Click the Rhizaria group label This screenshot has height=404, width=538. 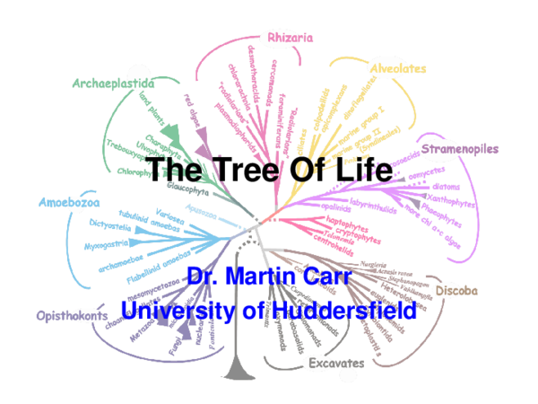(290, 38)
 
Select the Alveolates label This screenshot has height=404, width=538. (396, 68)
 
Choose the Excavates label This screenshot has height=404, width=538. (335, 364)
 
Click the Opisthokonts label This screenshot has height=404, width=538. (73, 315)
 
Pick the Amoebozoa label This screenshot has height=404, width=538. (69, 203)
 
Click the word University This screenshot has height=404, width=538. (173, 311)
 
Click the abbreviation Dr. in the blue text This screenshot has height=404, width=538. (203, 276)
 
